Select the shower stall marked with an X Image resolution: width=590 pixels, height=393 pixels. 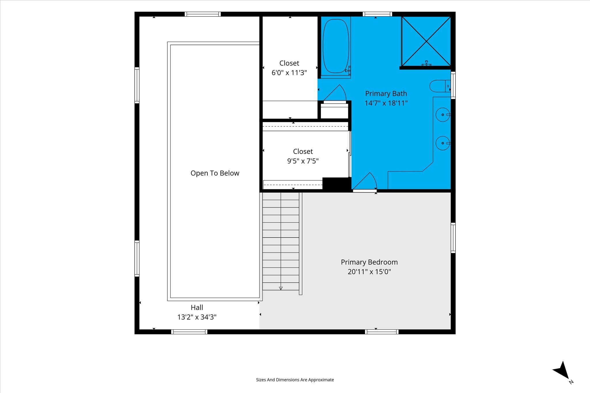(426, 41)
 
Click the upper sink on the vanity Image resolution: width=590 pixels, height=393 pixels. (443, 115)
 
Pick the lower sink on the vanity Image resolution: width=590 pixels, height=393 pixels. (443, 143)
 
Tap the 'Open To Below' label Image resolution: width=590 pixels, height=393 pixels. (215, 173)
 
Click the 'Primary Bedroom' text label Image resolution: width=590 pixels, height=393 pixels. (369, 262)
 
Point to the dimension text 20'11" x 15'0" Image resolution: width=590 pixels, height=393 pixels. (369, 272)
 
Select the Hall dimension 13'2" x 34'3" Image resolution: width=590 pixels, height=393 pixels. (197, 317)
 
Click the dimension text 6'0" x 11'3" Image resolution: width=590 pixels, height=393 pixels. (289, 73)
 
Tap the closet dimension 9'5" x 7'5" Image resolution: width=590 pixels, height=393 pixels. (303, 161)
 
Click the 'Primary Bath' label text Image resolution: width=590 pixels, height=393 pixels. (386, 94)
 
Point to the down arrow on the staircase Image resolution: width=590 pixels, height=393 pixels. (281, 288)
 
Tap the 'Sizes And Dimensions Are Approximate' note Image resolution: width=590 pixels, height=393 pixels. (295, 380)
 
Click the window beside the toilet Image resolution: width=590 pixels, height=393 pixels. (453, 85)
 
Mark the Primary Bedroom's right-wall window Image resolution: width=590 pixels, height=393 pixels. (453, 238)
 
